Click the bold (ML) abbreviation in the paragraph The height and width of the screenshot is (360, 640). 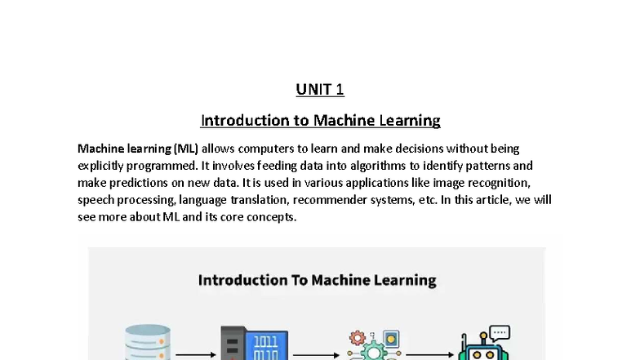(186, 149)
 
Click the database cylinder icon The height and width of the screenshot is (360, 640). (148, 344)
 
